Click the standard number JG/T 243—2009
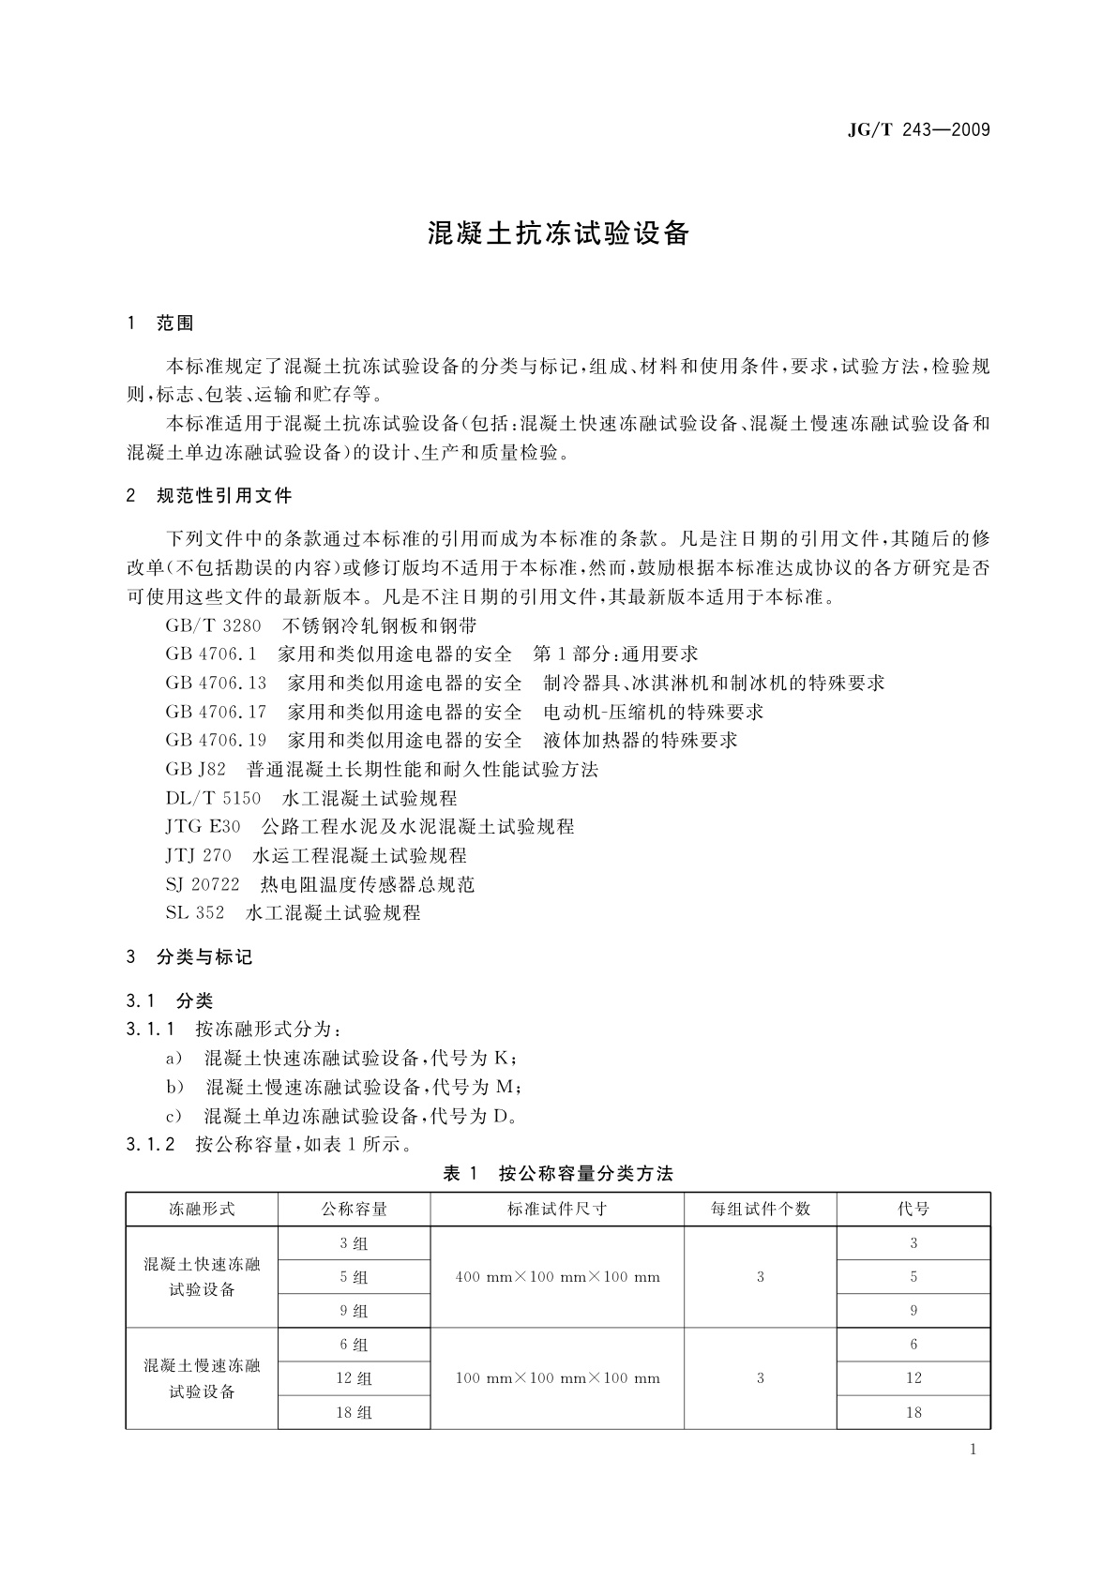click(x=918, y=130)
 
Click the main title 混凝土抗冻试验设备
click(x=559, y=233)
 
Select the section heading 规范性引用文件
click(x=224, y=495)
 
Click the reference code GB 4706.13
click(x=216, y=683)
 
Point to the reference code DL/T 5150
click(x=213, y=798)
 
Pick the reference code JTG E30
click(x=203, y=827)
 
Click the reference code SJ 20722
click(x=203, y=884)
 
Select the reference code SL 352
click(x=195, y=912)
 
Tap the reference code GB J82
click(x=195, y=769)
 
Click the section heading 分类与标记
click(x=204, y=957)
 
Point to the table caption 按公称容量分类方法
click(x=585, y=1173)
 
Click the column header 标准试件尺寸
click(x=557, y=1209)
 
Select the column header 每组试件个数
click(x=760, y=1209)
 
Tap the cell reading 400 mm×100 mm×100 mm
click(x=557, y=1277)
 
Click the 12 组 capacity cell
click(x=354, y=1378)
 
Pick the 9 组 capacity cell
click(x=354, y=1311)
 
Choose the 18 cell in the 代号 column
click(x=913, y=1412)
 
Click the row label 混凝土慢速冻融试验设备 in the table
click(x=202, y=1378)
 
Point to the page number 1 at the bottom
click(x=974, y=1450)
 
